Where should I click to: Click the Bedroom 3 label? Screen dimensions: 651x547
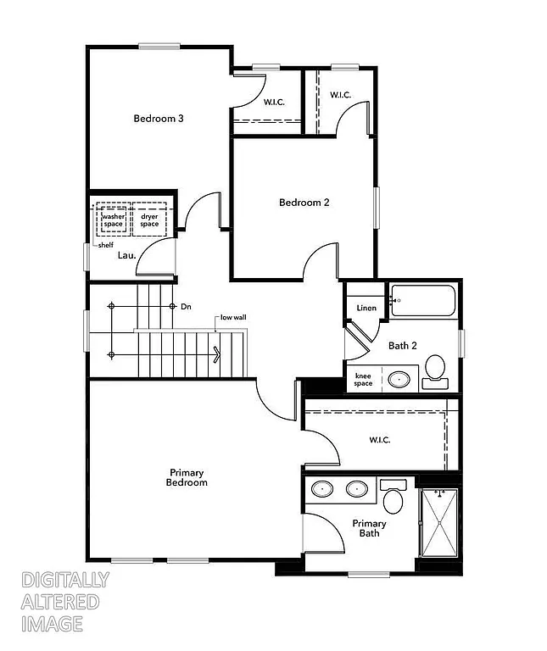pyautogui.click(x=159, y=119)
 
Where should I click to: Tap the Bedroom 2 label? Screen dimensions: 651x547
pyautogui.click(x=304, y=203)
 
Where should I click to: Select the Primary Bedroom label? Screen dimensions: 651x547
pyautogui.click(x=188, y=477)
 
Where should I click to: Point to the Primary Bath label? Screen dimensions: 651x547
pyautogui.click(x=370, y=529)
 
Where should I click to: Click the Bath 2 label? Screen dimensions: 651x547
pyautogui.click(x=403, y=346)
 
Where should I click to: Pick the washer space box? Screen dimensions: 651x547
pyautogui.click(x=113, y=220)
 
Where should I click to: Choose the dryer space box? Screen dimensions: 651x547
pyautogui.click(x=149, y=220)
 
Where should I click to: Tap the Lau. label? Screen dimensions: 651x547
pyautogui.click(x=126, y=254)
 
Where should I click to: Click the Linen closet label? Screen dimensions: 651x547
pyautogui.click(x=366, y=309)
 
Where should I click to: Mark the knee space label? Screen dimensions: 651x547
pyautogui.click(x=363, y=380)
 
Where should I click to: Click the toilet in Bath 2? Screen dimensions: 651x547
pyautogui.click(x=435, y=370)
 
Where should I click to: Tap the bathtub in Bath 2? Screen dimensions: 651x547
pyautogui.click(x=422, y=301)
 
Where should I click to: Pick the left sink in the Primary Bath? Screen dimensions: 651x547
pyautogui.click(x=323, y=489)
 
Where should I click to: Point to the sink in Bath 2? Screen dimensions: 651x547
pyautogui.click(x=397, y=380)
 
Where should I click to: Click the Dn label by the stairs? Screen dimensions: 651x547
pyautogui.click(x=186, y=306)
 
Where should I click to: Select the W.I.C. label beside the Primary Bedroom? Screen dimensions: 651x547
pyautogui.click(x=379, y=440)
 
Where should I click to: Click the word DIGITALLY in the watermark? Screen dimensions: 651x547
pyautogui.click(x=64, y=581)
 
